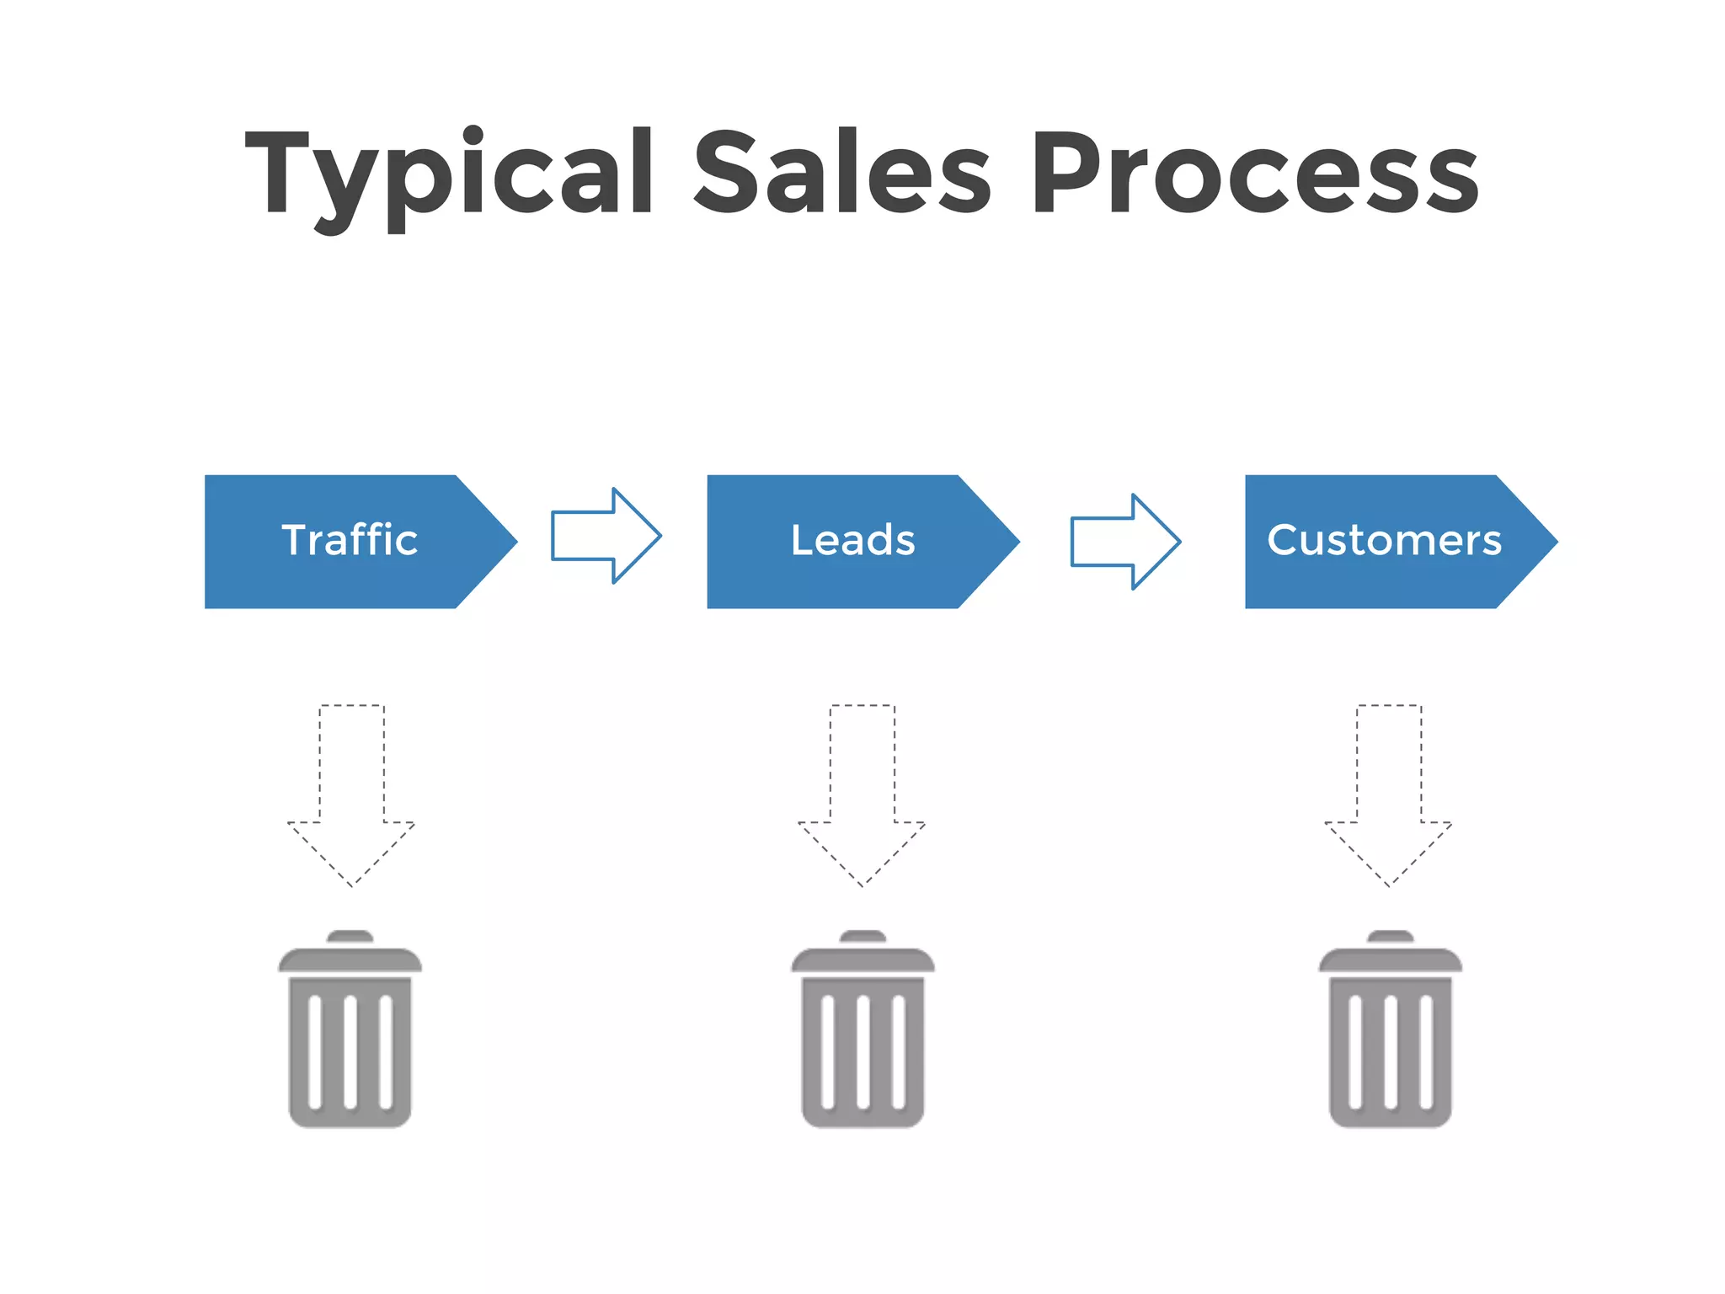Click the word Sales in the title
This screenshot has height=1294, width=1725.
point(842,173)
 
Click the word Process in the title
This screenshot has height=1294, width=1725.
point(1255,173)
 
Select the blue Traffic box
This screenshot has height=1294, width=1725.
point(350,541)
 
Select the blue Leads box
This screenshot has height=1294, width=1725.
point(852,541)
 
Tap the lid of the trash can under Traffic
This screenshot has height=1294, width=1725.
point(350,960)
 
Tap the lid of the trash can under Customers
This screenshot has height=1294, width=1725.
point(1391,960)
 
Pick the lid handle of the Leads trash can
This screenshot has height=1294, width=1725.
point(862,937)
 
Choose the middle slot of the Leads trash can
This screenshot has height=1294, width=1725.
point(862,1051)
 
